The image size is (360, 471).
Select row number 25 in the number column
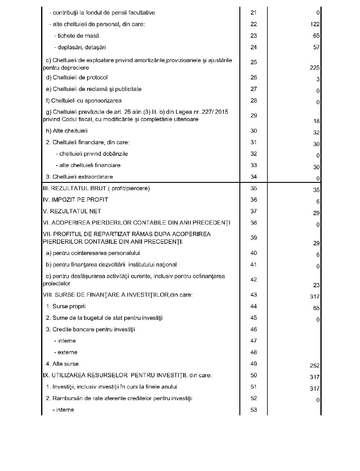coord(254,62)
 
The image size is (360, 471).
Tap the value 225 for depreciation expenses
coord(315,68)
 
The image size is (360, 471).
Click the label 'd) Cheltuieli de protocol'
coord(77,78)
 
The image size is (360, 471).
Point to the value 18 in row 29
coord(316,121)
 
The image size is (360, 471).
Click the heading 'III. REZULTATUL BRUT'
coord(96,188)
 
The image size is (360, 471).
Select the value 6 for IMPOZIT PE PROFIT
coord(318,201)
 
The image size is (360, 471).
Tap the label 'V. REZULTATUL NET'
coord(72,211)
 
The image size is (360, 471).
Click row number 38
coord(254,223)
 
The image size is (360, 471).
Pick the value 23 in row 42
coord(316,285)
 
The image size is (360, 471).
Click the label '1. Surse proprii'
coord(66,306)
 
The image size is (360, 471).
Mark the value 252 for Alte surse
coord(315,366)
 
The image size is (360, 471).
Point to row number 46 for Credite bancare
coord(254,330)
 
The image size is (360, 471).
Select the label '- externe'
coord(66,352)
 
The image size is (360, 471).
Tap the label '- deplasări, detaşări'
coord(80,47)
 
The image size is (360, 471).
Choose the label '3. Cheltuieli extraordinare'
coord(79,177)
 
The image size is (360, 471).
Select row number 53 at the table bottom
coord(254,410)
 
